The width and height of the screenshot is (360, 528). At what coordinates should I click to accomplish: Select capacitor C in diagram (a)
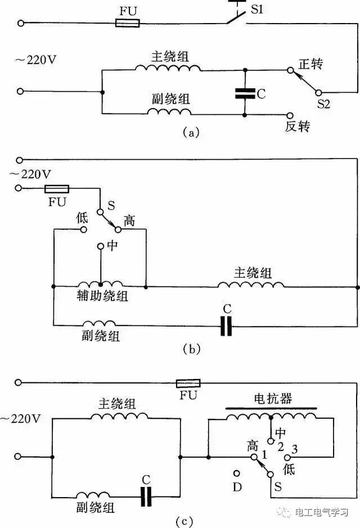245,93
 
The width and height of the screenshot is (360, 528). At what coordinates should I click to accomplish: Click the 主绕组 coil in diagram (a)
168,68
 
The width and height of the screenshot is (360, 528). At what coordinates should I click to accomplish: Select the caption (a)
190,133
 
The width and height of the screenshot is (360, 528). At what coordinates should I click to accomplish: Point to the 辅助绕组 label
102,296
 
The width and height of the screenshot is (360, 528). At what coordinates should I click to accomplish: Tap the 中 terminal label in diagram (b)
112,246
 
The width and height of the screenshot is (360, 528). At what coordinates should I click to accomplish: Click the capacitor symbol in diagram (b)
226,325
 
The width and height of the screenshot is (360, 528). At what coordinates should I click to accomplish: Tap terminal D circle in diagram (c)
237,475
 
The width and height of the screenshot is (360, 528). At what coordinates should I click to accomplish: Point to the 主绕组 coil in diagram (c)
120,417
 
